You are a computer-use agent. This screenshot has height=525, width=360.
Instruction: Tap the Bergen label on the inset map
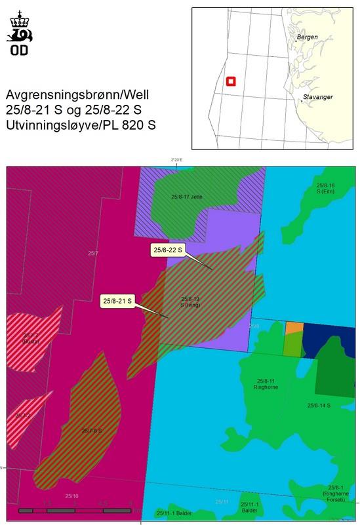(307, 37)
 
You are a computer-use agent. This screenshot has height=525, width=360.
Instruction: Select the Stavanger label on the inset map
(317, 98)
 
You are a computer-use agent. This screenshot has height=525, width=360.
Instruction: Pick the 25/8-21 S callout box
(117, 301)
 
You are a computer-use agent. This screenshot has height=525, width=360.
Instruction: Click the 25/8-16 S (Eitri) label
(325, 188)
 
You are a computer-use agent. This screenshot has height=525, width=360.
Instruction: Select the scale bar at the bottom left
(75, 509)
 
